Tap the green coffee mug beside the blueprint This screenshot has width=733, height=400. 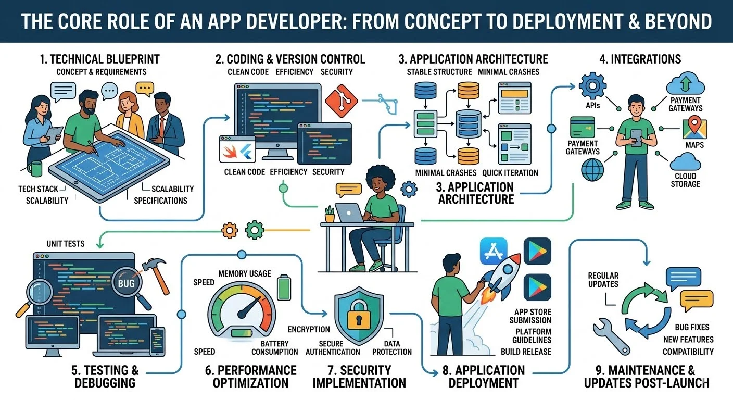pos(34,169)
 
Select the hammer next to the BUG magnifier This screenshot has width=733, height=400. pos(157,274)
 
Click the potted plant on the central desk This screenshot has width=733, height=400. pos(329,214)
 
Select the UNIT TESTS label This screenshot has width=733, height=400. pos(66,243)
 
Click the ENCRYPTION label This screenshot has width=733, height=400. pos(309,329)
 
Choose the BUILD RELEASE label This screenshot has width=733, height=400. pos(526,352)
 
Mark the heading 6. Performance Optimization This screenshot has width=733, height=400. pos(250,377)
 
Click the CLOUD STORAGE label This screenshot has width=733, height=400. pos(685,180)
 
